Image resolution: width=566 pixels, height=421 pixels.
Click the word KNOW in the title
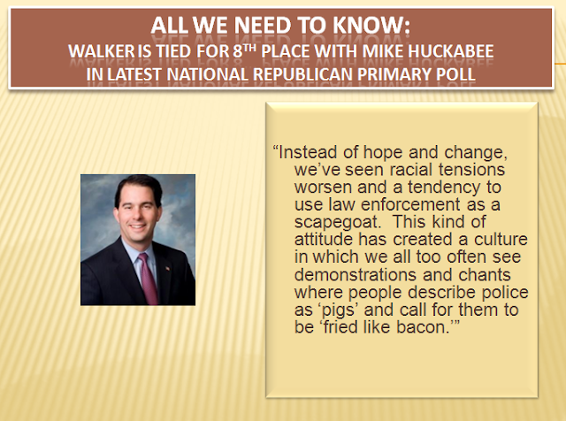(x=371, y=26)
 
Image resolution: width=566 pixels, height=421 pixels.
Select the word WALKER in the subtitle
(x=102, y=51)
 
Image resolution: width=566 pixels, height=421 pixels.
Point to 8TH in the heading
(x=245, y=51)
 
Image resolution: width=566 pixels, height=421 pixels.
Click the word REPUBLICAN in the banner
(x=302, y=74)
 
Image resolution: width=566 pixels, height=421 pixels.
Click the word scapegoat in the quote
(x=338, y=222)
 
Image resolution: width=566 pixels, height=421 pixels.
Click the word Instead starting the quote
(x=308, y=152)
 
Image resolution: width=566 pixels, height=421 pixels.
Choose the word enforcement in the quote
(x=410, y=204)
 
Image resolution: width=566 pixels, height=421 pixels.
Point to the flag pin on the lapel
(x=167, y=269)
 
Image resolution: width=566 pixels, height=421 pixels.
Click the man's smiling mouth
(x=137, y=226)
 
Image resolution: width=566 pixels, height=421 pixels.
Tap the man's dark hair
(x=138, y=188)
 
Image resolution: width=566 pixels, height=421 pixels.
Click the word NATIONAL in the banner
(x=207, y=74)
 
